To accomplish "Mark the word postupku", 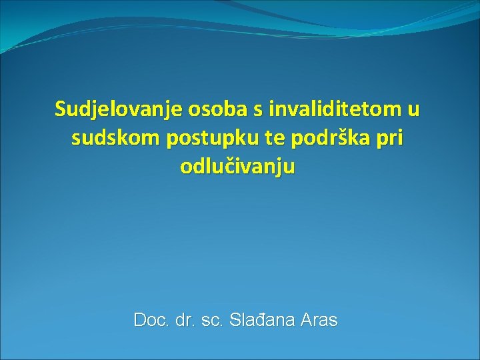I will pos(200,138).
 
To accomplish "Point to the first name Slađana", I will pos(260,320).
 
